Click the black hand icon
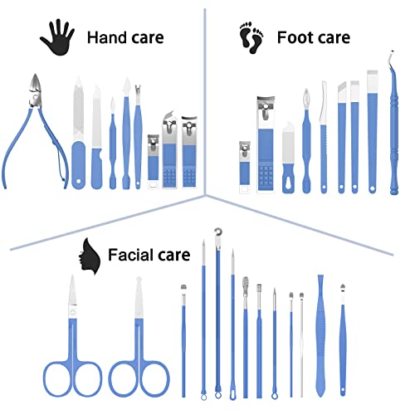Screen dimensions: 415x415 coord(57,37)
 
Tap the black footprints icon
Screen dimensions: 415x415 coord(251,37)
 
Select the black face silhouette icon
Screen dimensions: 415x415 coord(89,256)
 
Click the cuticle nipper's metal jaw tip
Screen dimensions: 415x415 coord(35,75)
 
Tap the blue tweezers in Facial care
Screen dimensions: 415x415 coord(321,335)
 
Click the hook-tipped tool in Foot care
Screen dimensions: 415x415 coord(393,123)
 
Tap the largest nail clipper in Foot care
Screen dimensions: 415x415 coord(266,144)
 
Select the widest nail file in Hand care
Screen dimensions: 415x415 coord(78,133)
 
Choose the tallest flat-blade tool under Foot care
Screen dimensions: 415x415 coord(373,131)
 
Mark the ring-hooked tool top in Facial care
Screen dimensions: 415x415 coord(218,232)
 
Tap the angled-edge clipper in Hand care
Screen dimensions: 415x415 coord(169,149)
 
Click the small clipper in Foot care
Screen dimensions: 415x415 coord(245,167)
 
